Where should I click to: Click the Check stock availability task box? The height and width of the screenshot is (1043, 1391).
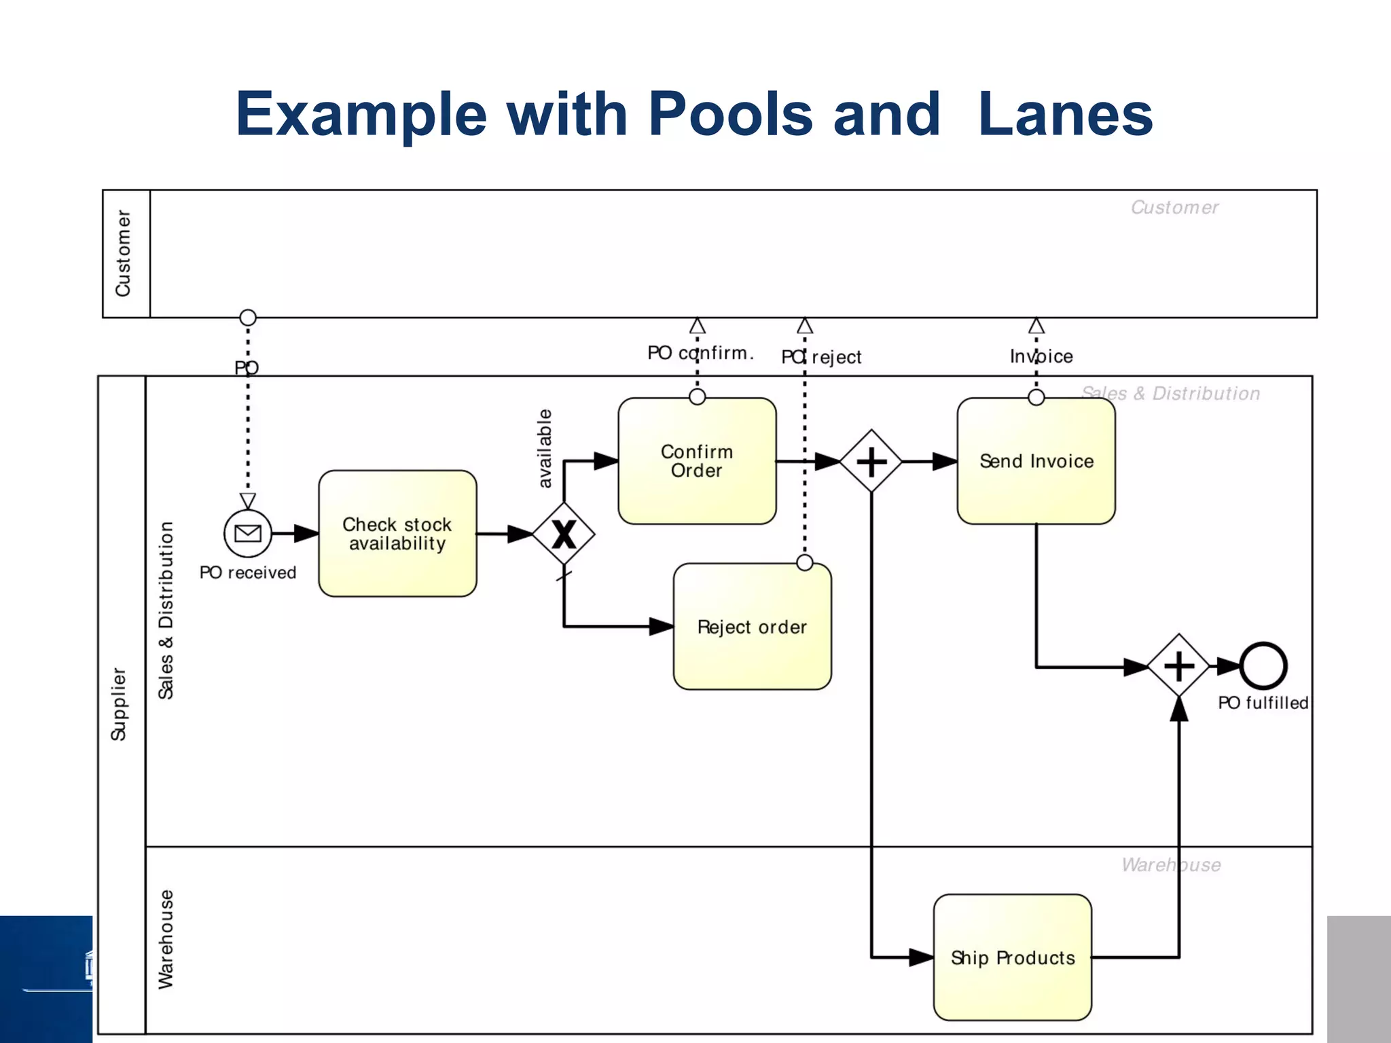point(397,534)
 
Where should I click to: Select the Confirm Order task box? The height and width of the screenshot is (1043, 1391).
point(697,461)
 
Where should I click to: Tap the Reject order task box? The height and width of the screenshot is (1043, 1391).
point(752,627)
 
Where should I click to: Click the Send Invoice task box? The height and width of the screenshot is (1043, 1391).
point(1036,461)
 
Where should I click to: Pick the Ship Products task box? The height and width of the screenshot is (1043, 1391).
point(1012,957)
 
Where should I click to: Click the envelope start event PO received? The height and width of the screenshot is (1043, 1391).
point(248,533)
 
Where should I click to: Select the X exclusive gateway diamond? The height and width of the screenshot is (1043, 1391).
point(564,534)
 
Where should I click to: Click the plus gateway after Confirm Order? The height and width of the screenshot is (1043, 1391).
point(871,462)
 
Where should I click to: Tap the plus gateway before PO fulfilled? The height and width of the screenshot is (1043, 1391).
point(1179,666)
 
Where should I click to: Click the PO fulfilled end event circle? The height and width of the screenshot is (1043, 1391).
point(1263,666)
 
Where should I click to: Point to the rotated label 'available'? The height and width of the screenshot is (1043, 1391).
point(545,448)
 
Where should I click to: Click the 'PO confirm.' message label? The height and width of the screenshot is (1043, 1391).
point(700,353)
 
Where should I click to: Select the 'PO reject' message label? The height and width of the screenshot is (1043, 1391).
point(821,357)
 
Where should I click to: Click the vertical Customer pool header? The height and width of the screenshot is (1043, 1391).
point(124,253)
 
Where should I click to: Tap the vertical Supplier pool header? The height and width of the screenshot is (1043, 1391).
point(120,704)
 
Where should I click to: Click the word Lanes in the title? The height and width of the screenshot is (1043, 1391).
point(1065,114)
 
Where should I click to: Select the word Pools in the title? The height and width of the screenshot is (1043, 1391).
point(730,114)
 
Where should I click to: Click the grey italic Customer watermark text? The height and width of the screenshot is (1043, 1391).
point(1174,208)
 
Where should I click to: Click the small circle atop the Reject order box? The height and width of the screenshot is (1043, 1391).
point(805,562)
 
